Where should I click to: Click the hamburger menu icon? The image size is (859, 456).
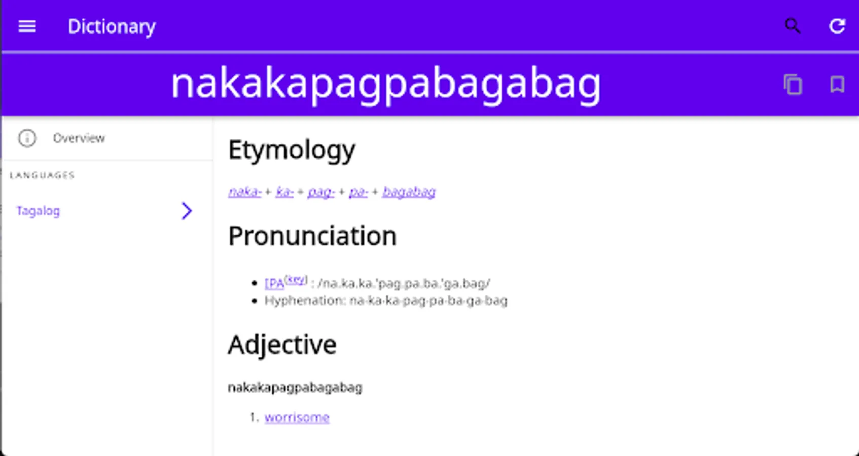[27, 26]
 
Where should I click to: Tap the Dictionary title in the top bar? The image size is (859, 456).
[112, 27]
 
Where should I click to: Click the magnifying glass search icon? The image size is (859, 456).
[792, 26]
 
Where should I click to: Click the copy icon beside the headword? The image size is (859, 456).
[793, 84]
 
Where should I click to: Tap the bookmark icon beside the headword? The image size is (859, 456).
[837, 84]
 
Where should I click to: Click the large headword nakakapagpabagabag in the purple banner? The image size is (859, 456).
[386, 85]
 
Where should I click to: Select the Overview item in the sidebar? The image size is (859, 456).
[79, 138]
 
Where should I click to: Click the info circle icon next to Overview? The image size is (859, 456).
[27, 138]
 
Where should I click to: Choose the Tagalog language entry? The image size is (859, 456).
[38, 211]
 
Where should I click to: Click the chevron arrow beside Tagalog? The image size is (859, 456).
[187, 211]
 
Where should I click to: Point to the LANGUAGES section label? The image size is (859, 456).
[42, 175]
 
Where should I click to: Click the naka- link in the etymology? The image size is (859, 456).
[244, 191]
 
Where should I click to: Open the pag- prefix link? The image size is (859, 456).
[321, 192]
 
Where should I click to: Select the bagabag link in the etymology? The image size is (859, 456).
[409, 192]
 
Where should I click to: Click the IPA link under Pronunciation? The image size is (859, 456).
[274, 283]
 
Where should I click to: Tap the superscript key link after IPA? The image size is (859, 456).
[296, 279]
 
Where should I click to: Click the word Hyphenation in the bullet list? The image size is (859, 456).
[305, 300]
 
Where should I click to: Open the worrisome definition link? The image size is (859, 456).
[297, 417]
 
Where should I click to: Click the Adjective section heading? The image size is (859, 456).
[282, 345]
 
